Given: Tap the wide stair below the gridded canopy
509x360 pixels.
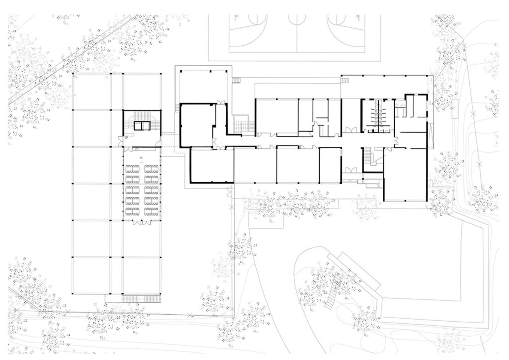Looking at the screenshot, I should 141,299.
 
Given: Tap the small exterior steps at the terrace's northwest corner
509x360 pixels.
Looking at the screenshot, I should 236,80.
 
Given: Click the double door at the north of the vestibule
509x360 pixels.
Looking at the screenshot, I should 221,103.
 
